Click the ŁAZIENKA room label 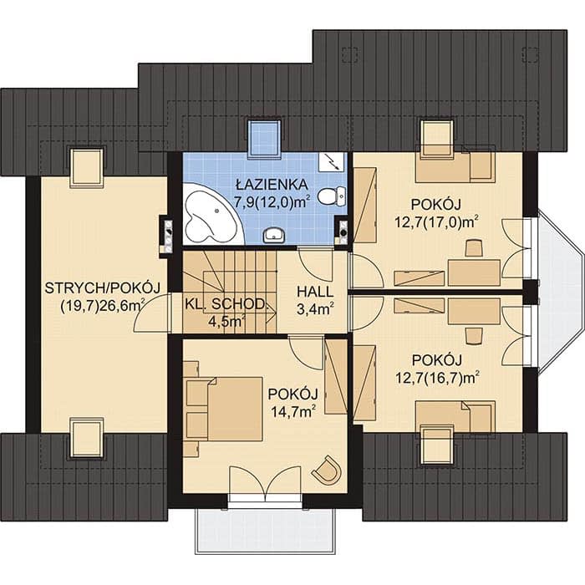(272, 185)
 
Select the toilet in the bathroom (332, 196)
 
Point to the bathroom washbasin (274, 235)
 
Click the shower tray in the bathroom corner (333, 162)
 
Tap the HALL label (315, 292)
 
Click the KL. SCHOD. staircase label (226, 304)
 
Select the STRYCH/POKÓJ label (103, 287)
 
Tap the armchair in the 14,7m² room (327, 470)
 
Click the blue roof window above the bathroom (265, 138)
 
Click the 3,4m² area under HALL (315, 309)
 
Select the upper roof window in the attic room (87, 167)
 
